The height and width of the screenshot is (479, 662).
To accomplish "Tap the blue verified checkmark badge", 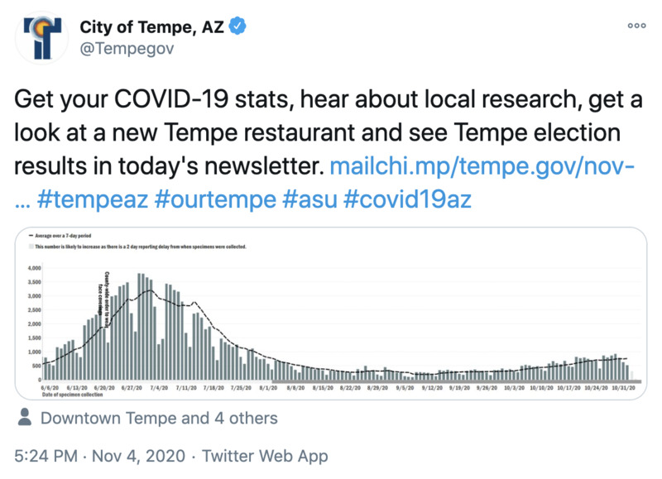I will (x=237, y=28).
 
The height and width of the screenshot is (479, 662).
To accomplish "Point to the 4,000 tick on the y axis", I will (x=34, y=269).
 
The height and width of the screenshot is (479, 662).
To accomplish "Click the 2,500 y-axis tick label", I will (x=34, y=310).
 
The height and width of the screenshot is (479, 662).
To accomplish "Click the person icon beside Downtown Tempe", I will (x=25, y=419).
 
